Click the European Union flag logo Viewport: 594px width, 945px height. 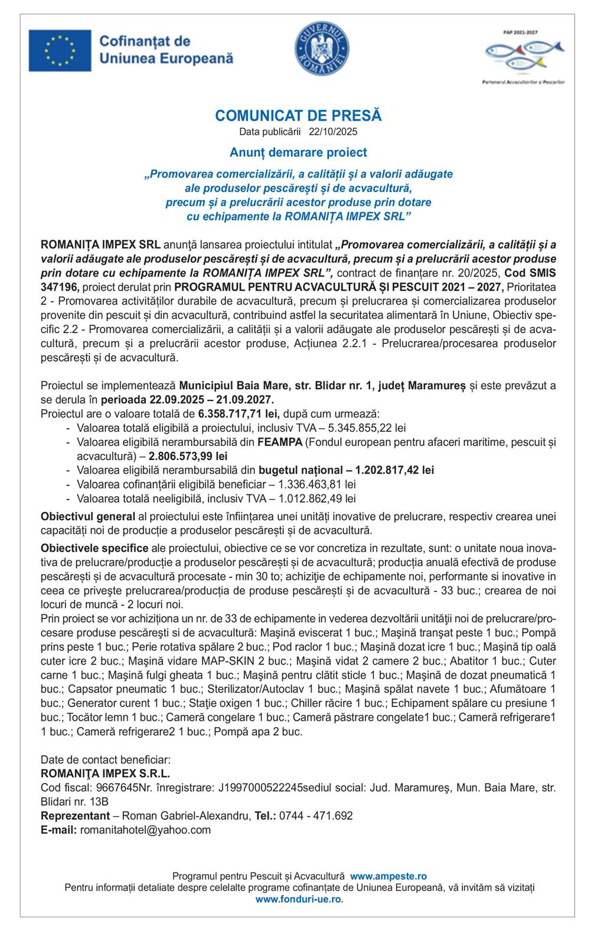tap(60, 50)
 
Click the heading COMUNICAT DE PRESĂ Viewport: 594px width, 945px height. tap(298, 115)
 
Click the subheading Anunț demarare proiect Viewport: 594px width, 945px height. tap(298, 153)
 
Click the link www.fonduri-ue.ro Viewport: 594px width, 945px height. tap(299, 899)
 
